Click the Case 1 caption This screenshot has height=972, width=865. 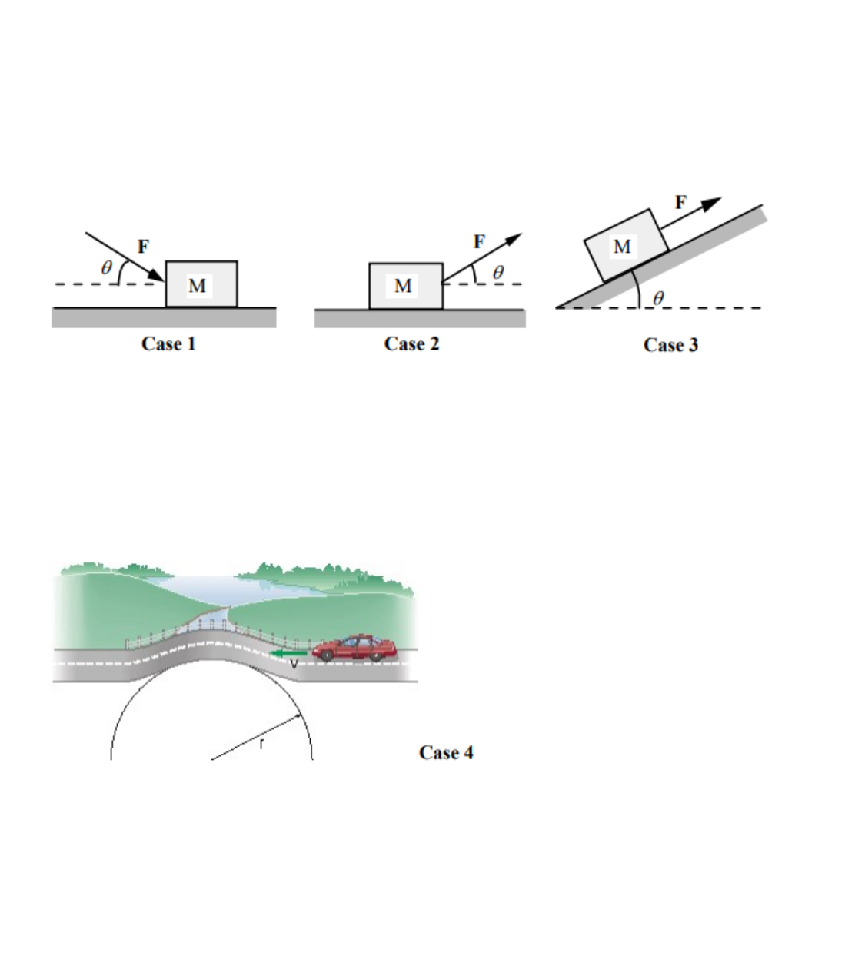(x=168, y=343)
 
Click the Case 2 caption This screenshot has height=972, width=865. (x=411, y=343)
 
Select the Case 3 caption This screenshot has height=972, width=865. (x=670, y=345)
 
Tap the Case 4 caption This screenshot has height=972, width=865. (x=446, y=752)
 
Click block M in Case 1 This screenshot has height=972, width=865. (x=201, y=284)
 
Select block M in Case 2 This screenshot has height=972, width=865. (x=405, y=286)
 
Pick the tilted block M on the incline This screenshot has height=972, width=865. (x=625, y=245)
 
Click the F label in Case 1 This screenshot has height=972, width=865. (x=143, y=247)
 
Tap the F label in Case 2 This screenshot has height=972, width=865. (x=479, y=242)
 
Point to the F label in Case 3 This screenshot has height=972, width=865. (x=680, y=202)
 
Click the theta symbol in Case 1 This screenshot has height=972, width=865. (x=107, y=267)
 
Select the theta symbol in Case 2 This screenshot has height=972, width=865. (x=498, y=272)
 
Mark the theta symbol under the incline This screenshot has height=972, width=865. (x=658, y=297)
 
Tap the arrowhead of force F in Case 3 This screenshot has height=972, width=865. (x=712, y=203)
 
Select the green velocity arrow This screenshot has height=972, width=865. (x=288, y=654)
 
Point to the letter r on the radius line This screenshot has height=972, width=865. (x=262, y=744)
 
